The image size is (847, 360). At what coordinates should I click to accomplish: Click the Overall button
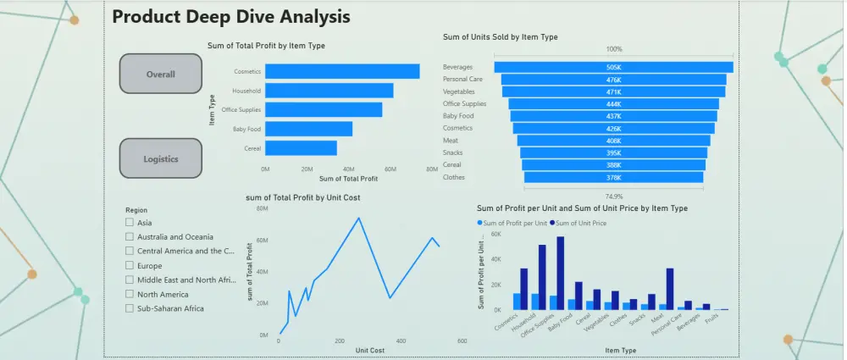(161, 74)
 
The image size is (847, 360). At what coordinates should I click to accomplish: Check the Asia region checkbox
(130, 223)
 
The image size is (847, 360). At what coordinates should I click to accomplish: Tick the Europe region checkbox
(130, 266)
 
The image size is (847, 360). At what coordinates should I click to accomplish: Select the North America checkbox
(130, 294)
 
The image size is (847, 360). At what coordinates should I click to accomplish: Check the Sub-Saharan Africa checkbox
(130, 308)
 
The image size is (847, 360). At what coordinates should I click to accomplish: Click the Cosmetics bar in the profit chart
(342, 72)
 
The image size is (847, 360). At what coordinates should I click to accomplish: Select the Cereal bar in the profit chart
(301, 147)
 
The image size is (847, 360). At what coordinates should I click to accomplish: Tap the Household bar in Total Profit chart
(329, 91)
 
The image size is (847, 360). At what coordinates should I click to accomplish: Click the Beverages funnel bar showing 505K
(613, 67)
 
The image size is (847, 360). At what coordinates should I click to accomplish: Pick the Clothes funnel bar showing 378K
(613, 178)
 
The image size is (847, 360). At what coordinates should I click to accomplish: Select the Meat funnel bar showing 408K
(613, 141)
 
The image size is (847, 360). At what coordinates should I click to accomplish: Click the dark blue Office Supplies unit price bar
(560, 273)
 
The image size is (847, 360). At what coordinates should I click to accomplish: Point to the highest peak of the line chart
(359, 218)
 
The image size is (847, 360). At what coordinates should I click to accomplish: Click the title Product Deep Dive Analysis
(230, 17)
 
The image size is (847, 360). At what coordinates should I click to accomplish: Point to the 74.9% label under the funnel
(613, 194)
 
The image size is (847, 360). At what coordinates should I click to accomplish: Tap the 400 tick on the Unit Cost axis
(401, 341)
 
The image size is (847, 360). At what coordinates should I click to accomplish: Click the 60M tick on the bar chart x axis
(390, 169)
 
